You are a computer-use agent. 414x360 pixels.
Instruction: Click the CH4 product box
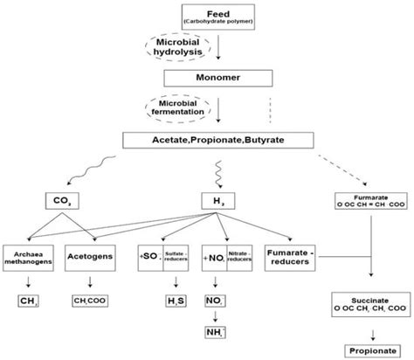tap(29, 302)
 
